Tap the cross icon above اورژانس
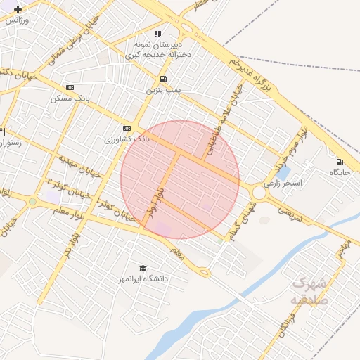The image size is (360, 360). [18, 9]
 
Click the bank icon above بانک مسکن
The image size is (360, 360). [70, 87]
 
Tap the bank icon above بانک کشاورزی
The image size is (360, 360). [127, 128]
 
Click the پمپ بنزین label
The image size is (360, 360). [163, 91]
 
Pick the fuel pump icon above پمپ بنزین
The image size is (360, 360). [163, 79]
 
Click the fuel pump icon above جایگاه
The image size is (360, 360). [341, 161]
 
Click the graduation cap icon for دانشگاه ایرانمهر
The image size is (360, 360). [143, 269]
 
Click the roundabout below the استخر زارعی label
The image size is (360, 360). [259, 192]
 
